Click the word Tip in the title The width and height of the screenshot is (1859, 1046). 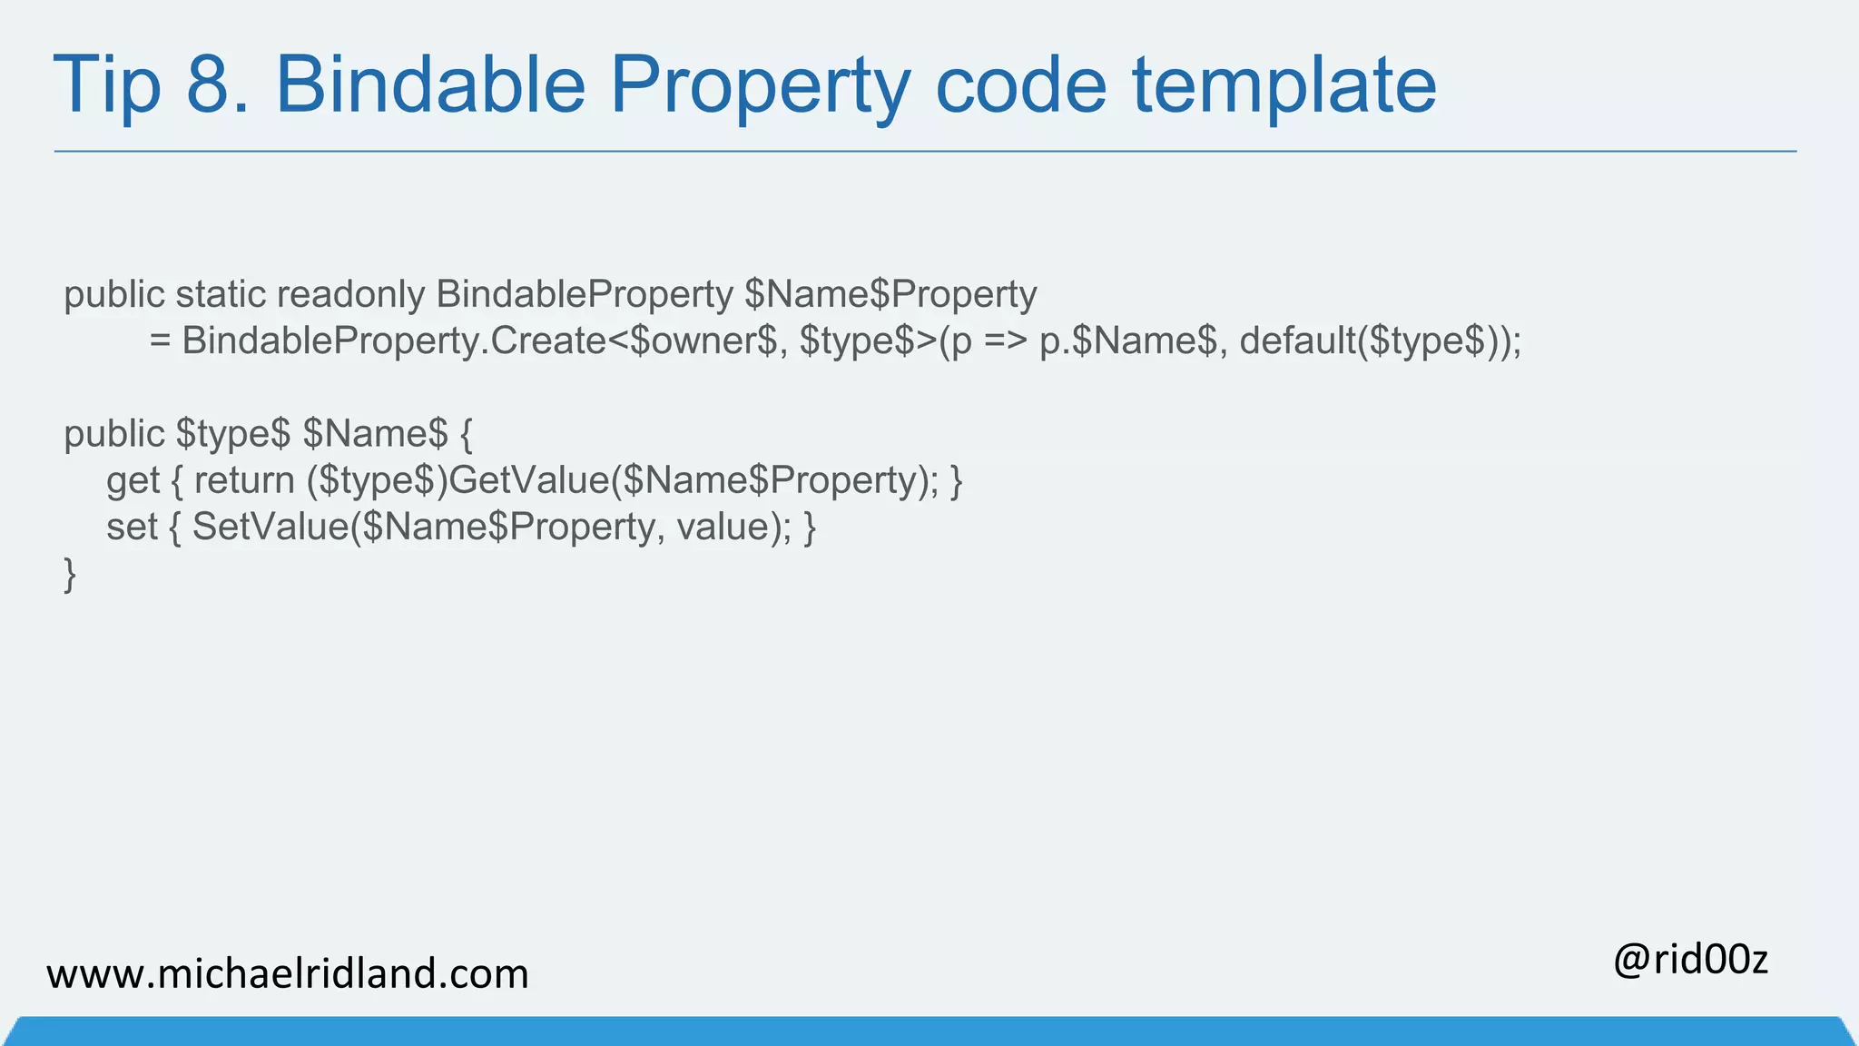107,85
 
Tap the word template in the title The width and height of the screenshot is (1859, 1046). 1284,85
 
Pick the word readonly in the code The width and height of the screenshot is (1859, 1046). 350,294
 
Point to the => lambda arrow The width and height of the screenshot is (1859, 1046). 1006,341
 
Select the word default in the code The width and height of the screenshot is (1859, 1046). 1297,341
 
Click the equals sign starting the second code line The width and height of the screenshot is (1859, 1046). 161,341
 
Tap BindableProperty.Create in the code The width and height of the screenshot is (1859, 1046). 394,341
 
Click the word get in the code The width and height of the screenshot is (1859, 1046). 133,481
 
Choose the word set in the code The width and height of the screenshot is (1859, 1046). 132,528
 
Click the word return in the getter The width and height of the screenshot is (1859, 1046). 243,481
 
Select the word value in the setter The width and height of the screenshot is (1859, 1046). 723,528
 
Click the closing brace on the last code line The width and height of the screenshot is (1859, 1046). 70,575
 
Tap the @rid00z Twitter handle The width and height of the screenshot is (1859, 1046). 1690,960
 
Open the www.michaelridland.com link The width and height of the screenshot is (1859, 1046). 287,974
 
